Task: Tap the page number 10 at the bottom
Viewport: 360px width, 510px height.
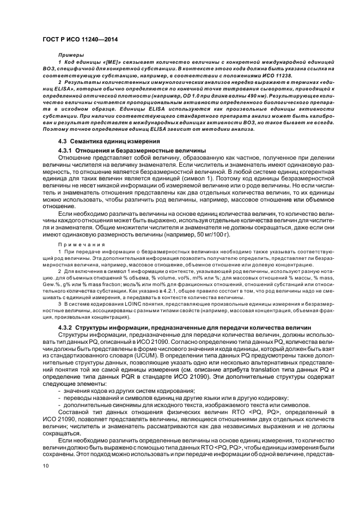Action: click(x=45, y=466)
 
